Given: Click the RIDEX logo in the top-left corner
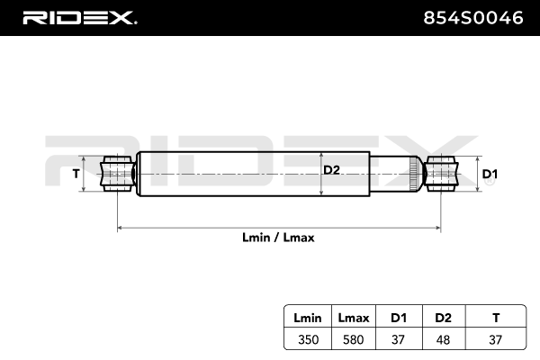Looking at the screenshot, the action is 79,16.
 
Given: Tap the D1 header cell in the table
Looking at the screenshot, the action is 398,319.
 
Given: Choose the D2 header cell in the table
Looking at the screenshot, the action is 442,319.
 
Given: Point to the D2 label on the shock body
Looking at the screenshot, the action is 332,168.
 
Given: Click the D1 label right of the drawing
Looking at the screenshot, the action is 490,174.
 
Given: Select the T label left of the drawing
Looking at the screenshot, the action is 76,174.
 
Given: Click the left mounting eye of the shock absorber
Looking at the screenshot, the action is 117,173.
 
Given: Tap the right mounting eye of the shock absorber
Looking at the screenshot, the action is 440,173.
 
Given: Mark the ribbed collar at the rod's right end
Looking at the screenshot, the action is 415,173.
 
